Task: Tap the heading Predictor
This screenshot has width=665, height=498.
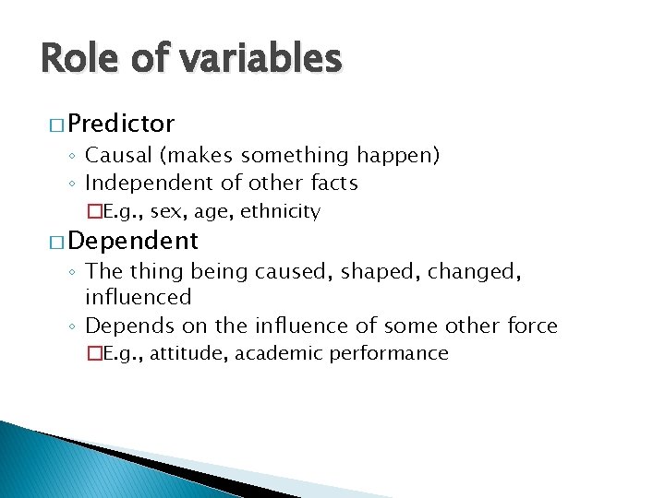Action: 121,124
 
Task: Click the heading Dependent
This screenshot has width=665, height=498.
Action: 132,241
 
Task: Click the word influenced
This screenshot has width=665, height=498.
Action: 138,297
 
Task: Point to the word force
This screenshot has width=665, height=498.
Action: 534,325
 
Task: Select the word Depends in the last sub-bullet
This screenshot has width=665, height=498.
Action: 126,326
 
